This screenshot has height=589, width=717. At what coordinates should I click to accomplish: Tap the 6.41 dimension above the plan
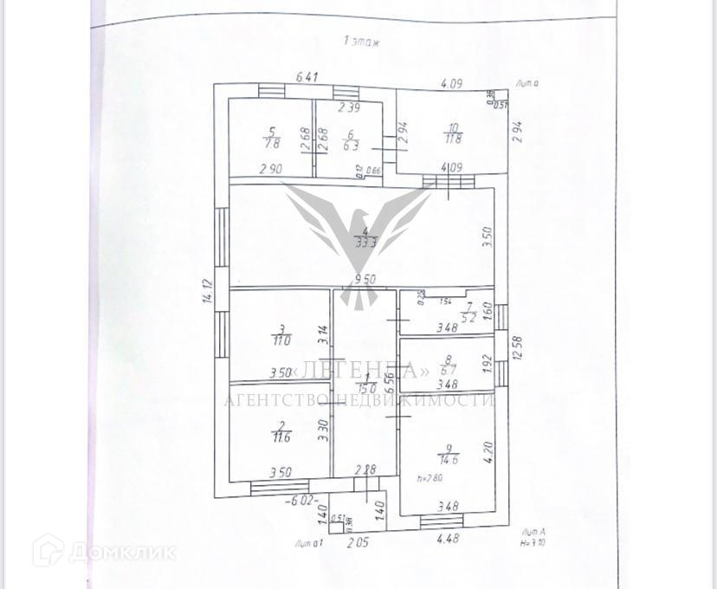pyautogui.click(x=308, y=77)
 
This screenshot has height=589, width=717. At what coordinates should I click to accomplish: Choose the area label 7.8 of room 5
pyautogui.click(x=273, y=143)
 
